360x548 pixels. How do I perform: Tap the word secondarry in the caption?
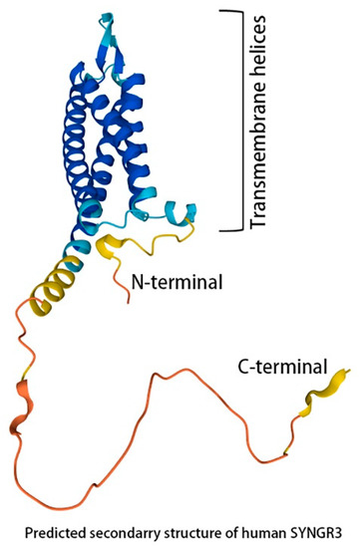click(141, 529)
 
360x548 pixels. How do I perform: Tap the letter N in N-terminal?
click(138, 282)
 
